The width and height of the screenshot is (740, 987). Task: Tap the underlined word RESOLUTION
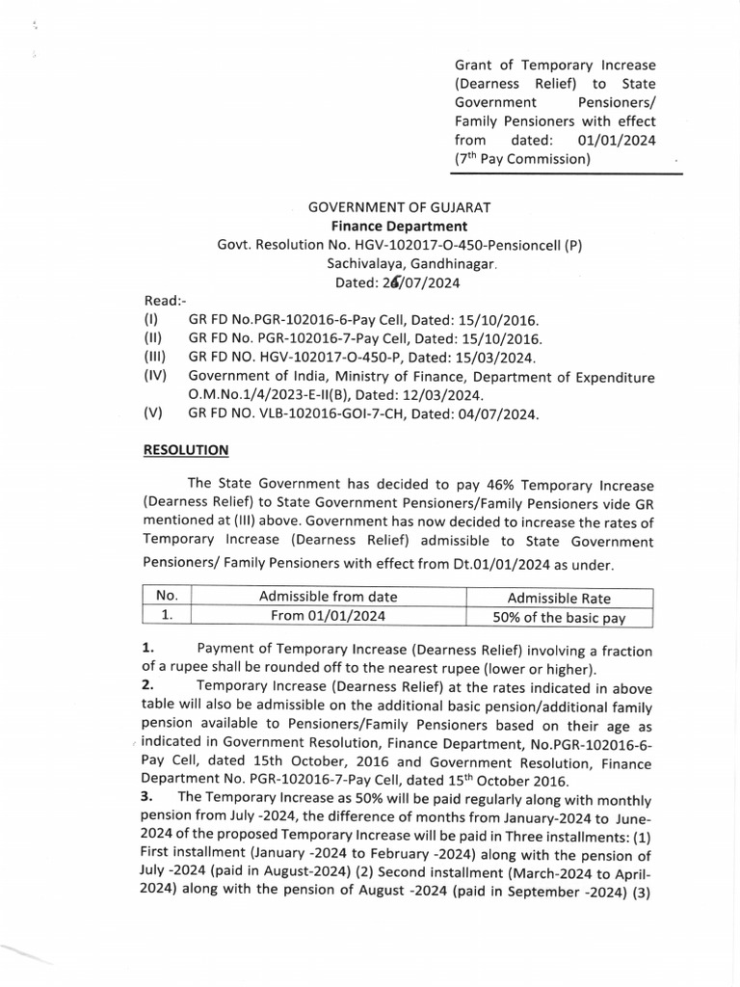[186, 449]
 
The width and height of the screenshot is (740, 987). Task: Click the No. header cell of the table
[167, 597]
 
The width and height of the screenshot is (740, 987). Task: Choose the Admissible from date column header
[328, 597]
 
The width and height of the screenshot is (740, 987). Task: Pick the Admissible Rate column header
[559, 598]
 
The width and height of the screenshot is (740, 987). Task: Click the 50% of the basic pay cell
[559, 618]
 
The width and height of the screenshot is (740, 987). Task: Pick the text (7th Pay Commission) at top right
[521, 159]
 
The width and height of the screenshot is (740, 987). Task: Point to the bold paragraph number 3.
[146, 798]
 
